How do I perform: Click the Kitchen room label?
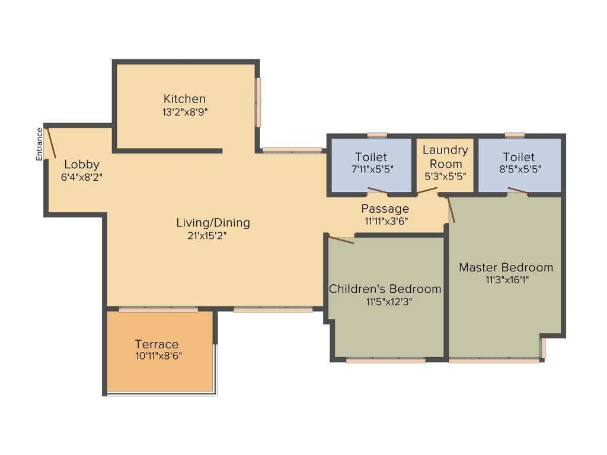click(x=184, y=99)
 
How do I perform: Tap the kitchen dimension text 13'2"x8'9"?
click(x=184, y=111)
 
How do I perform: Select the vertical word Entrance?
click(x=40, y=144)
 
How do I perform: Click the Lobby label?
click(x=82, y=165)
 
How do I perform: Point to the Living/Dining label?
click(x=213, y=223)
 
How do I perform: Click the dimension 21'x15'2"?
click(x=207, y=235)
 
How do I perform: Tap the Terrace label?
click(x=156, y=344)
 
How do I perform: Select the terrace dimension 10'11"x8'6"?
click(x=158, y=356)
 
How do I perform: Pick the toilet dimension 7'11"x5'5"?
click(x=371, y=169)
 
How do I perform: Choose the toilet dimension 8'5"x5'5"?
click(x=519, y=169)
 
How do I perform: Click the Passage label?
click(x=385, y=209)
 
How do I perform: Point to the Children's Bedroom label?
click(x=385, y=289)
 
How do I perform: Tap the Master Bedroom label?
click(x=506, y=267)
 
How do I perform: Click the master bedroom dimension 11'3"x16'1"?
click(x=506, y=280)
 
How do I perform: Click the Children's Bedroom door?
click(x=340, y=239)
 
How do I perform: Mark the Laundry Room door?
click(x=427, y=191)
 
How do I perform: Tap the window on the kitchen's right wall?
click(x=258, y=102)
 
